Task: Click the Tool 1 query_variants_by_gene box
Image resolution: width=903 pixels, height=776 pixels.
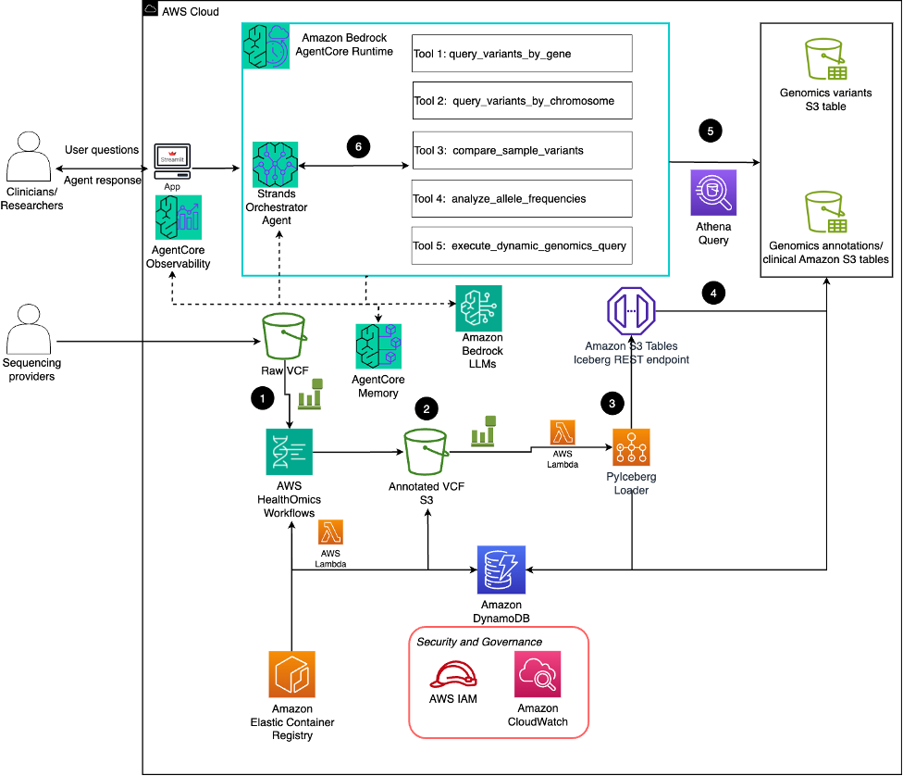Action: [522, 54]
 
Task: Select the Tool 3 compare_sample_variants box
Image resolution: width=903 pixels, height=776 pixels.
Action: [522, 150]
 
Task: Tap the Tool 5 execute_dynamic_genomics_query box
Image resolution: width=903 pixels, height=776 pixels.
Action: [522, 245]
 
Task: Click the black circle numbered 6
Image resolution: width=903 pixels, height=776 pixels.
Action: [357, 146]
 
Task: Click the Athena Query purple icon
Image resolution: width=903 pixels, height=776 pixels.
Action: [712, 193]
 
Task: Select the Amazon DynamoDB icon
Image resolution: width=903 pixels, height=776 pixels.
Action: [501, 569]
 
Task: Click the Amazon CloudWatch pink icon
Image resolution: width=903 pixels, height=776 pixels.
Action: [538, 673]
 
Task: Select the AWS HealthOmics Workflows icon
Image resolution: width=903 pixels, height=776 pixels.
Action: [289, 452]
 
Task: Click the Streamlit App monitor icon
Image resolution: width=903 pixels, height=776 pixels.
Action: [172, 161]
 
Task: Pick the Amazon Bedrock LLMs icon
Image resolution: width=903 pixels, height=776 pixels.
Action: [478, 308]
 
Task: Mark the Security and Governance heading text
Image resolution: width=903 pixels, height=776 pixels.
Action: [479, 642]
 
